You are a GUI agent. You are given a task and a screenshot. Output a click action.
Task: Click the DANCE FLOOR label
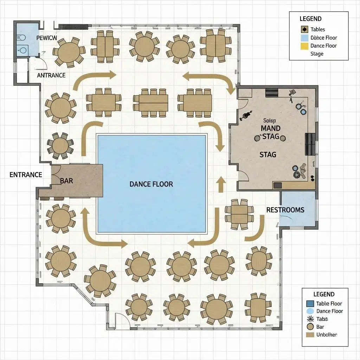point(151,184)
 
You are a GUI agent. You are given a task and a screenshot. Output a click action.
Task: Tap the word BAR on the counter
point(66,181)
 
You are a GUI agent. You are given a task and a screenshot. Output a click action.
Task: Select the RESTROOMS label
point(285,210)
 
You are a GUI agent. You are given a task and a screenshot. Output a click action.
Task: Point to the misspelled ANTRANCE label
point(51,75)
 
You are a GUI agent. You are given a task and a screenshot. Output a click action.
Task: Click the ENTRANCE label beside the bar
point(26,175)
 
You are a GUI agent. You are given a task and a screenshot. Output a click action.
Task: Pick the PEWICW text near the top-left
point(46,38)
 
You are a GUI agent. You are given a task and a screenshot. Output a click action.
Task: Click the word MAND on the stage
point(270,129)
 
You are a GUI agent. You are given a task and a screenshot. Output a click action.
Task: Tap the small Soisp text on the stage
point(270,120)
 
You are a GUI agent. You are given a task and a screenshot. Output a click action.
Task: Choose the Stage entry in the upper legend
point(317,54)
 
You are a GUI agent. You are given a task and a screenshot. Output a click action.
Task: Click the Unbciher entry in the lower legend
point(327,335)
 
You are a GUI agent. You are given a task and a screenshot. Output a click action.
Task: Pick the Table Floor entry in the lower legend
point(329,303)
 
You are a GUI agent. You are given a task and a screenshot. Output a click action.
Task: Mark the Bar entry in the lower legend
point(320,327)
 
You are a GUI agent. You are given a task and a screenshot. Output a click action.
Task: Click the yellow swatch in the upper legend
point(303,46)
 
